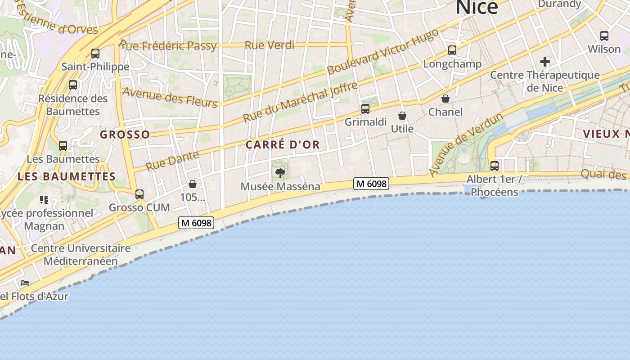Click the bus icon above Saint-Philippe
[x=95, y=54]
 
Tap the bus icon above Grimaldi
[x=365, y=109]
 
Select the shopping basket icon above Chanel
[x=445, y=99]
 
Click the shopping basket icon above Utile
[x=402, y=116]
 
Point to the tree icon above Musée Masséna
[x=280, y=173]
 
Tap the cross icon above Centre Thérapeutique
[x=545, y=61]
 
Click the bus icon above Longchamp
[x=452, y=50]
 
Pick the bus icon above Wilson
[x=604, y=36]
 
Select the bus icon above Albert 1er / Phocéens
[x=495, y=166]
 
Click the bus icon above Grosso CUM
[x=139, y=194]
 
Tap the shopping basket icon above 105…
[x=193, y=184]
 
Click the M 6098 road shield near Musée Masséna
[x=371, y=183]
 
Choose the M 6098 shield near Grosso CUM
[x=196, y=223]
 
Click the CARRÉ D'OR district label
[x=283, y=144]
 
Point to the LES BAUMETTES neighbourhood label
[x=67, y=176]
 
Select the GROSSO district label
[x=125, y=135]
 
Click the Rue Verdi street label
[x=270, y=45]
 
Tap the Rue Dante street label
[x=172, y=161]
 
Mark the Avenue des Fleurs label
[x=170, y=97]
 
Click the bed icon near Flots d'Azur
[x=25, y=283]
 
